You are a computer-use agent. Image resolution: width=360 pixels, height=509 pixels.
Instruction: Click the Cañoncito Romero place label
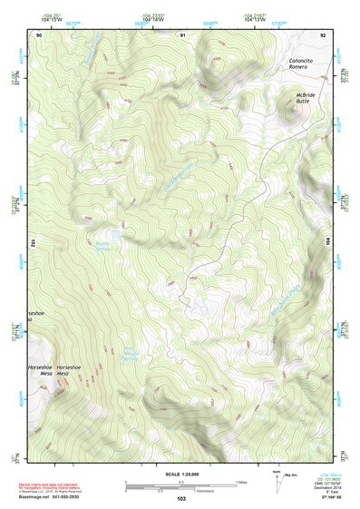298,63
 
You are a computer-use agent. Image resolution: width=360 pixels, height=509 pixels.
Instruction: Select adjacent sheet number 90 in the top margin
39,34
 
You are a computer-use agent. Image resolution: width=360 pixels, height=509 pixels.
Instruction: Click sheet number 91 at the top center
181,34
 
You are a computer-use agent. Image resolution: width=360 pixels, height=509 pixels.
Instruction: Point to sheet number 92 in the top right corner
323,34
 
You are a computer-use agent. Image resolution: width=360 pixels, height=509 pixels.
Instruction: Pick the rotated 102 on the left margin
32,242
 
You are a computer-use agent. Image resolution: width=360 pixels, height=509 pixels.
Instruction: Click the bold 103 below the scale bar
181,498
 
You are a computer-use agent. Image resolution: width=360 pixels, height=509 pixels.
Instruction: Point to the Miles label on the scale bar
240,482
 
